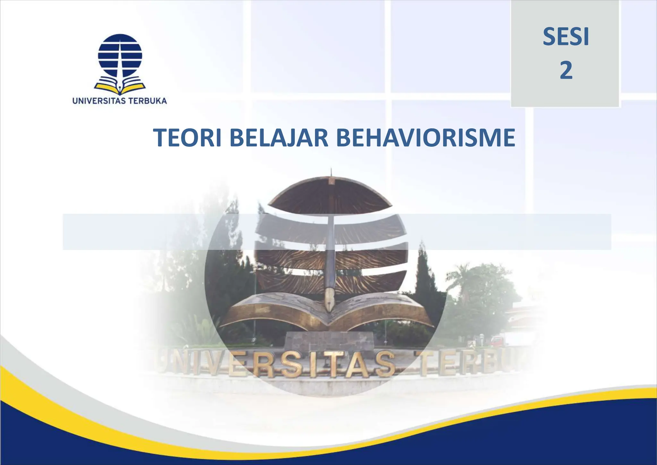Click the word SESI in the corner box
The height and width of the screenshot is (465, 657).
(x=566, y=37)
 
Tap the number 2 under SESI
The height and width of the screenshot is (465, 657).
(x=566, y=71)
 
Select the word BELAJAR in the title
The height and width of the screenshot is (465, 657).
(x=279, y=138)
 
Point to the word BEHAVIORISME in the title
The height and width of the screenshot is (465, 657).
(x=425, y=138)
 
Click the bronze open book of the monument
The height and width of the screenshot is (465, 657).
(x=327, y=310)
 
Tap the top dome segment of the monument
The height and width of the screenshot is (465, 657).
(x=330, y=193)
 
